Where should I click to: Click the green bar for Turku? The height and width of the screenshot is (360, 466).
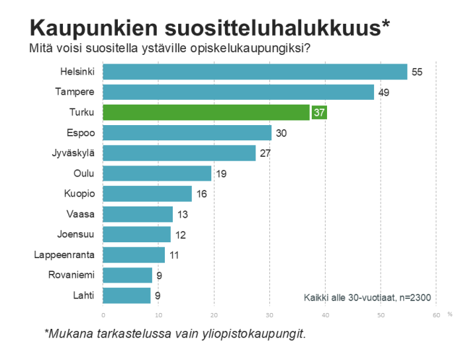(x=207, y=112)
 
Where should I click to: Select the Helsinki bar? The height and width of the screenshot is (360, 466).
(x=255, y=71)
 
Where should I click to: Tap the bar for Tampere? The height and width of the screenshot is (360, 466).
(x=238, y=92)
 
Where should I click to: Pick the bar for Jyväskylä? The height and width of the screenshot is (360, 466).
(x=179, y=154)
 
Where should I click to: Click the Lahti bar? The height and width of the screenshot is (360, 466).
(x=127, y=296)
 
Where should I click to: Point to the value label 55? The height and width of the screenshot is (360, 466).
(x=417, y=71)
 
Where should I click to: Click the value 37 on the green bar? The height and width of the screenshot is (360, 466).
(x=319, y=112)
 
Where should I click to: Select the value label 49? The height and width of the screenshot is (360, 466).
(x=383, y=92)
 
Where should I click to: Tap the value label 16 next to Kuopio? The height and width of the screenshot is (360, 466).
(x=201, y=195)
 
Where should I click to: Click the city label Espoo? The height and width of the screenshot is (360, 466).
(x=81, y=133)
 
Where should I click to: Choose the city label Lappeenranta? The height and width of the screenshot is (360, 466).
(x=64, y=255)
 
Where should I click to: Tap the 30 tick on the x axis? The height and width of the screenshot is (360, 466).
(x=269, y=314)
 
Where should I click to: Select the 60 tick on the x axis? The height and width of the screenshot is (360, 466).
(x=436, y=314)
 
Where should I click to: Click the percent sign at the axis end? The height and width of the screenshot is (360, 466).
(x=449, y=314)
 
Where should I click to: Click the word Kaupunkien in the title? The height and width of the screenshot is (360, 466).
(x=92, y=28)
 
